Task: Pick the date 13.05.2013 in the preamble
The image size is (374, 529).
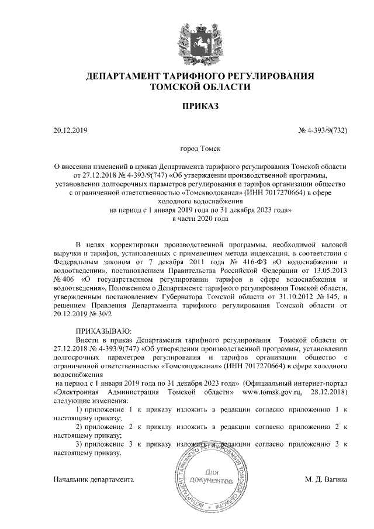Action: pos(330,272)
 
